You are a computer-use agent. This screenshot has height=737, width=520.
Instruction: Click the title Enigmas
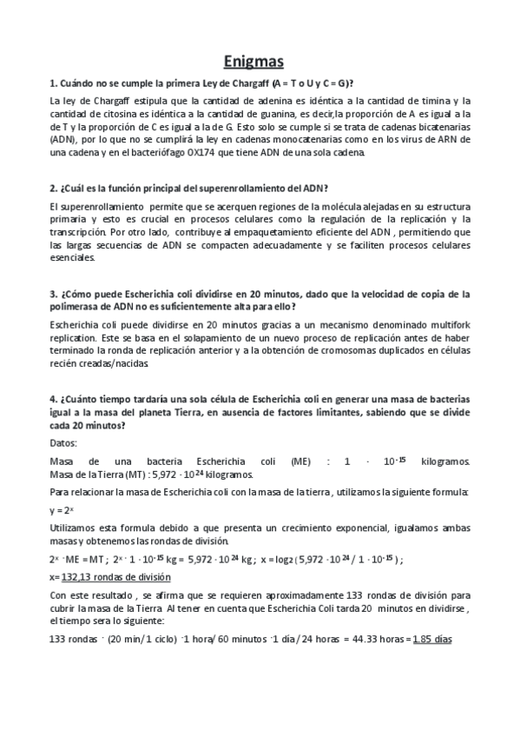[260, 62]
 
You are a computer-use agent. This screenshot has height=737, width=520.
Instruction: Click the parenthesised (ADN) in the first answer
[63, 138]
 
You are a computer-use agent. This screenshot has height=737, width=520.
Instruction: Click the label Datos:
[63, 443]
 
